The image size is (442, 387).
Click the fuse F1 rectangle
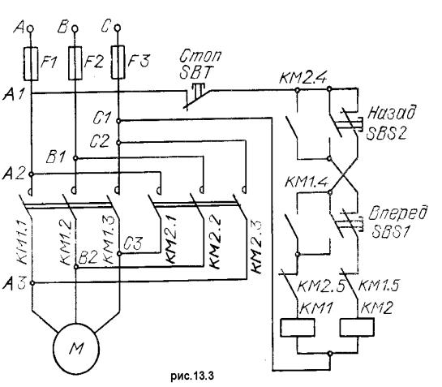point(31,64)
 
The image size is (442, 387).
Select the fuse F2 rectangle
point(75,63)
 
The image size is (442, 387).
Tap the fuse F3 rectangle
point(118,62)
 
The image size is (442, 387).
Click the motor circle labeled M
point(76,348)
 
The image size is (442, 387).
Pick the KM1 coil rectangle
point(298,328)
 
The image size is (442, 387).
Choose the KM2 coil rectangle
point(357,327)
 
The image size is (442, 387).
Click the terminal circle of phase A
point(30,28)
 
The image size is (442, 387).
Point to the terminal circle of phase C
point(118,28)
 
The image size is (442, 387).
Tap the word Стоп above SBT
point(200,56)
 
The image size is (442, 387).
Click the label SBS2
point(387,133)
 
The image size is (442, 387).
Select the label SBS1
point(390,231)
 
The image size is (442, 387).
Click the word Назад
point(392,113)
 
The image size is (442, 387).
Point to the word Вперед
point(398,213)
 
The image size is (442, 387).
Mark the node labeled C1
point(118,121)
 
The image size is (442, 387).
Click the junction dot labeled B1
point(75,158)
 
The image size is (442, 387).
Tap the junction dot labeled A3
point(32,283)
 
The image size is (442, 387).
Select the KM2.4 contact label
point(303,78)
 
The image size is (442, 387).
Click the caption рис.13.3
point(192,376)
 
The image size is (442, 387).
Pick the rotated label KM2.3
point(256,247)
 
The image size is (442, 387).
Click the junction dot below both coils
point(330,353)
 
